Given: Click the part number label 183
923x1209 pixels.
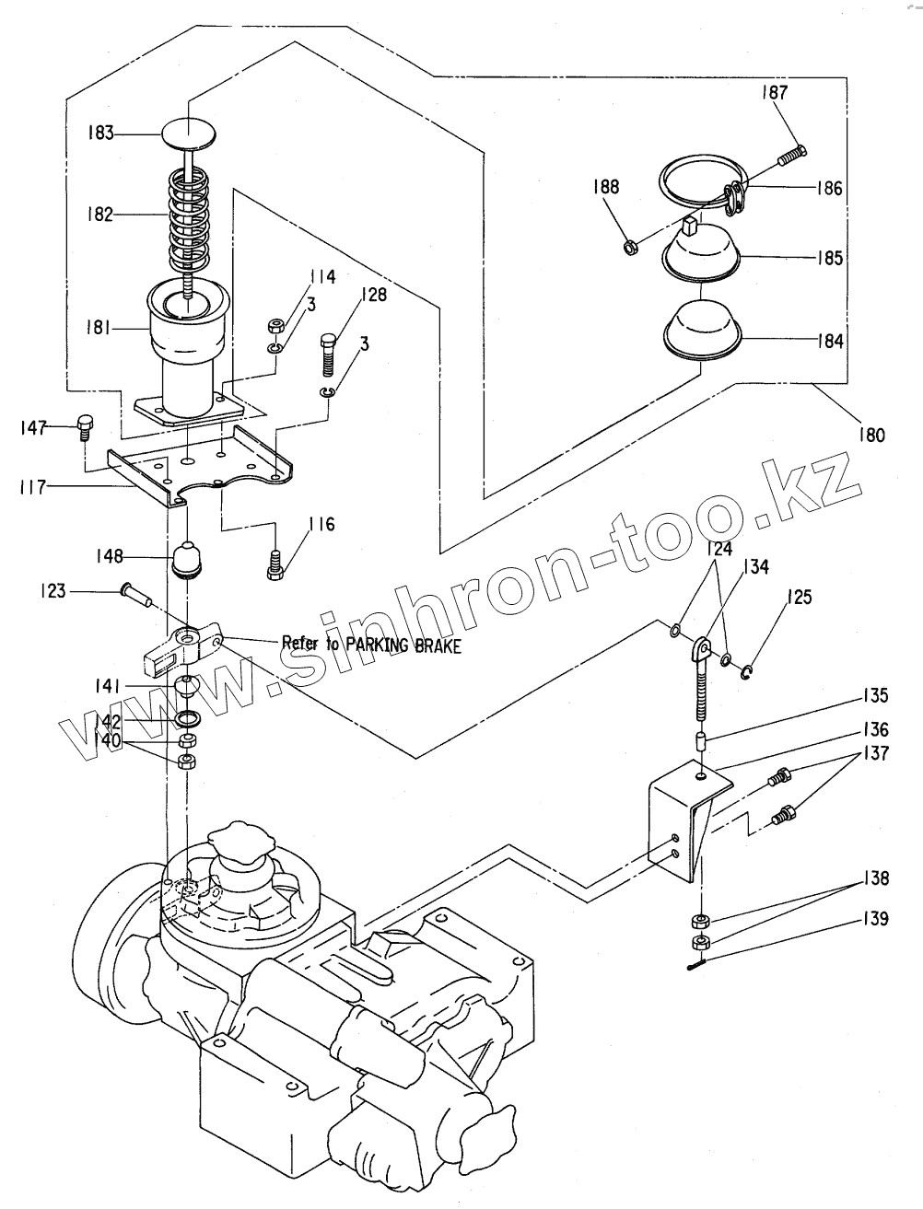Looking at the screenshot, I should pos(100,134).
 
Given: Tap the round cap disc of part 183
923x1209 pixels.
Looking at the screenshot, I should pos(190,134).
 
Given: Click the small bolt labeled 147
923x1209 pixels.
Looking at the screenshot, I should pos(84,425).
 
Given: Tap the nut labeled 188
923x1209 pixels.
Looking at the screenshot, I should pos(631,247).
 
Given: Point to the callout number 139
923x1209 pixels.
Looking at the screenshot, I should pos(876,918).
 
